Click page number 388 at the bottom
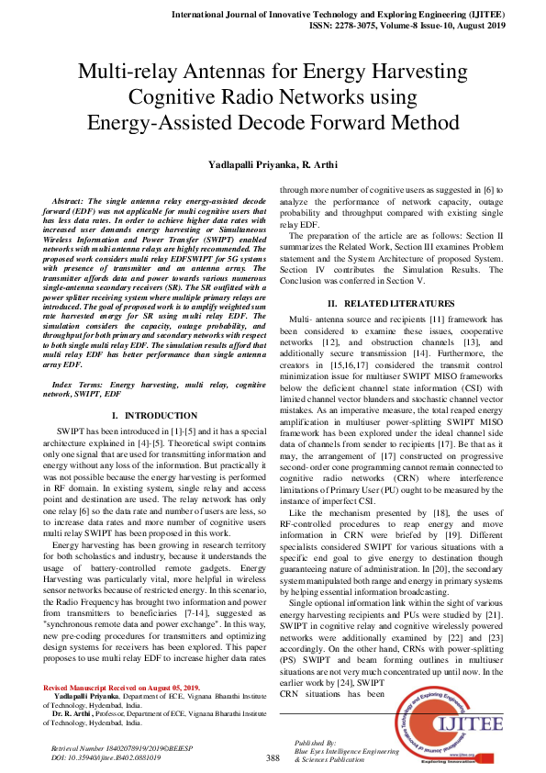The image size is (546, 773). coord(273,757)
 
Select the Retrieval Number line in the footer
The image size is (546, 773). coord(107,749)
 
